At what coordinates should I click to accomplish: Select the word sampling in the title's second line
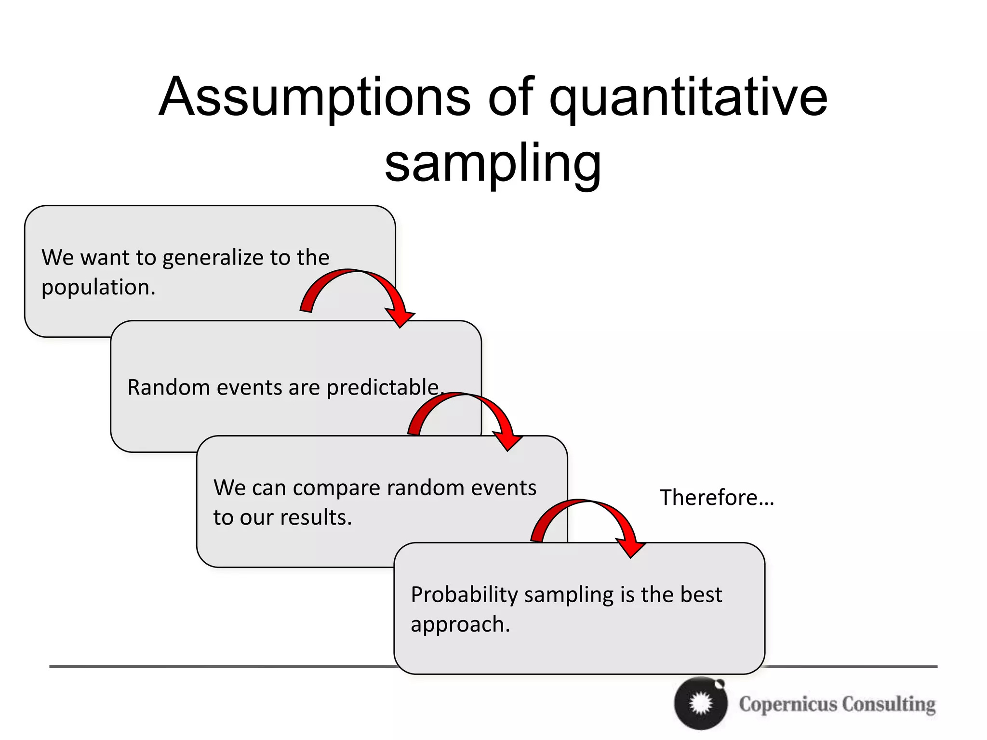[x=493, y=164]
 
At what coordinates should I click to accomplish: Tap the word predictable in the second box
[x=383, y=387]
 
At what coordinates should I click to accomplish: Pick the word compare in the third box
[x=336, y=488]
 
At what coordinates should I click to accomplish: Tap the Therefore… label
[x=717, y=497]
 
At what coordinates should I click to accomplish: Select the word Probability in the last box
[x=464, y=595]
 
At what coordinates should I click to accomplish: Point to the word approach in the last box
[x=459, y=624]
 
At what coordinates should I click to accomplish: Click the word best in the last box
[x=701, y=595]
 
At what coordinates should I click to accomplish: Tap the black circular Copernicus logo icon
[x=701, y=703]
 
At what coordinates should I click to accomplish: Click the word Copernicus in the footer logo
[x=788, y=704]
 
